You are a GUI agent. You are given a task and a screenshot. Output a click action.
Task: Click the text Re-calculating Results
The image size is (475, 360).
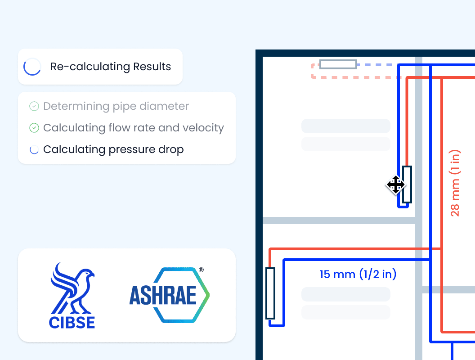point(111,67)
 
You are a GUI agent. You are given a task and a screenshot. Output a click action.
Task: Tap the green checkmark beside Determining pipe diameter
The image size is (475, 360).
point(34,106)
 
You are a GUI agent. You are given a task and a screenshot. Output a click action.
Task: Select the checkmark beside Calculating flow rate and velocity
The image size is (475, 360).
point(34,128)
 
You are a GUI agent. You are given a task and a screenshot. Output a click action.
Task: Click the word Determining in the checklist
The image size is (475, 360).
point(76,106)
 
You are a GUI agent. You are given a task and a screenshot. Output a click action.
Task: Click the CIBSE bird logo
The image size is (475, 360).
point(72,288)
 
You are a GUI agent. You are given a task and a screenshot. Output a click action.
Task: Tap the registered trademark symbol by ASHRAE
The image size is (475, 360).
point(201,270)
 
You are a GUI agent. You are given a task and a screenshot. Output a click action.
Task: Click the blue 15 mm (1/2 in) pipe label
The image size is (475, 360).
point(358,274)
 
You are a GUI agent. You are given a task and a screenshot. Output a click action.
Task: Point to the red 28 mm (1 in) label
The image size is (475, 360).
point(455,183)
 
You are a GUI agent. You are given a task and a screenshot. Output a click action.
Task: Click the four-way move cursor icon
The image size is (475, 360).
point(396,184)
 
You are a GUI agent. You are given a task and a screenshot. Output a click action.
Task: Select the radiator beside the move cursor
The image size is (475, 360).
point(407,184)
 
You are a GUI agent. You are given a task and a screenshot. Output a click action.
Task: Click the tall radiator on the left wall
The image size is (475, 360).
point(270,293)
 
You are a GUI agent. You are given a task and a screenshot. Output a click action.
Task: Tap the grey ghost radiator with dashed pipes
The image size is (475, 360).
point(338,64)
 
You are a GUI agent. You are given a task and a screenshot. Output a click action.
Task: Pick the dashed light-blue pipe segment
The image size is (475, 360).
point(377,65)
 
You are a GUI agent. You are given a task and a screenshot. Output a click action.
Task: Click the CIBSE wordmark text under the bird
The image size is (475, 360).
point(72,322)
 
